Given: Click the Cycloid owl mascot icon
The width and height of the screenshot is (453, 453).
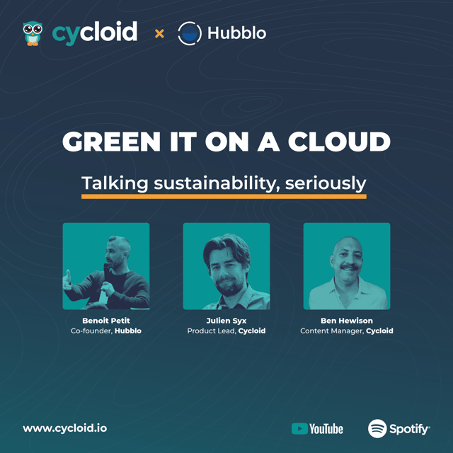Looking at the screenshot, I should click(x=32, y=33).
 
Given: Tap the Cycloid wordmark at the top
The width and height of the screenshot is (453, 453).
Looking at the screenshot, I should click(x=95, y=33).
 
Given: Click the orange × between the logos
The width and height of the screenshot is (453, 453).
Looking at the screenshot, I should click(x=159, y=33).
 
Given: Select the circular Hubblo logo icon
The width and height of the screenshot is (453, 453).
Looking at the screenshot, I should click(x=189, y=33).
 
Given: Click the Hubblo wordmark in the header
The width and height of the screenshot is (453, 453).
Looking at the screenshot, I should click(x=236, y=33).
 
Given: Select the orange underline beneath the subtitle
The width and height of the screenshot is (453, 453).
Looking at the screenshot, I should click(x=224, y=196).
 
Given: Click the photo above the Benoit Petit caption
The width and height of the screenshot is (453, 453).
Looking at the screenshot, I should click(x=106, y=266).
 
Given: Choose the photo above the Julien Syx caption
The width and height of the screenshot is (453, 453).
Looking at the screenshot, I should click(x=226, y=266).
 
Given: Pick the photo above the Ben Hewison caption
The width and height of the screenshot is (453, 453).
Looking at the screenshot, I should click(x=346, y=266).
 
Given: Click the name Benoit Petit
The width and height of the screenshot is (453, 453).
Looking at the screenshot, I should click(x=106, y=320).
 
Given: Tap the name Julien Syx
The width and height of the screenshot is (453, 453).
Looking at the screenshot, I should click(x=226, y=320).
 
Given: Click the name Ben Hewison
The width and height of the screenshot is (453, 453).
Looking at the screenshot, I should click(x=346, y=320).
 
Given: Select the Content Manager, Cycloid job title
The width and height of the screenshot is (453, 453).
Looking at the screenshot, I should click(x=346, y=331).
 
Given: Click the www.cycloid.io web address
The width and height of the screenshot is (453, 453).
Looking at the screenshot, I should click(x=65, y=428).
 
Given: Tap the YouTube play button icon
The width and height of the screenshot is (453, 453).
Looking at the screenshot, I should click(x=299, y=428).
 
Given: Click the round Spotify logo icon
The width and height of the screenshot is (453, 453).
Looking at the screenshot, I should click(x=377, y=428).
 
